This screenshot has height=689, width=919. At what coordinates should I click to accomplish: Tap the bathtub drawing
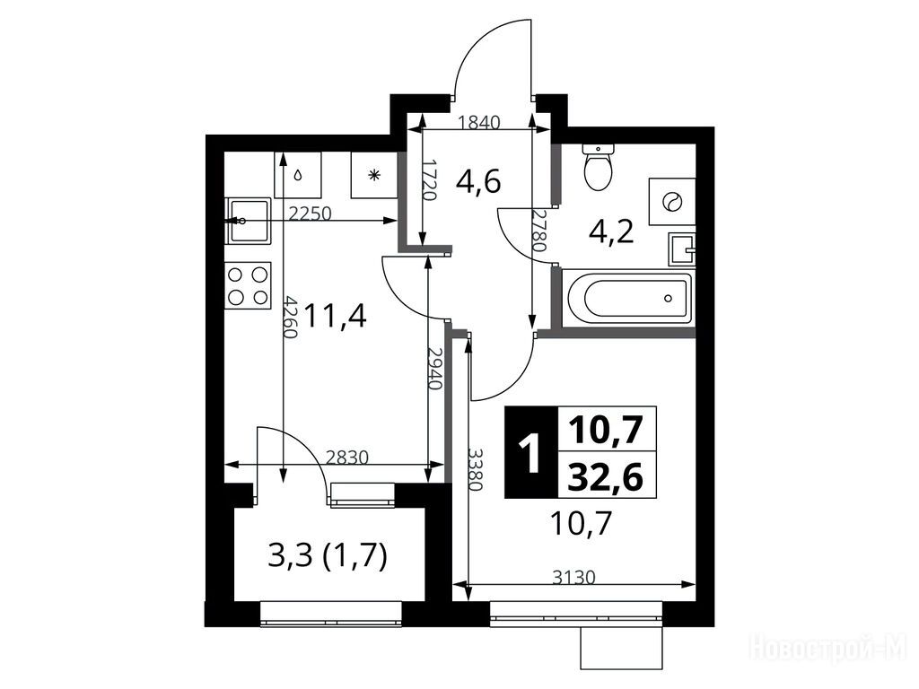tap(627, 297)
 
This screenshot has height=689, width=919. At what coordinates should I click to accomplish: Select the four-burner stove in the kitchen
tap(248, 285)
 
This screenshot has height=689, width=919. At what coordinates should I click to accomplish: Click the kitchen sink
tap(248, 221)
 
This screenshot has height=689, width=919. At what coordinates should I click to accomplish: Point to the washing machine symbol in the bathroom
tap(671, 202)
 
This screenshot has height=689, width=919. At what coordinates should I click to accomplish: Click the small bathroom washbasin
tap(682, 249)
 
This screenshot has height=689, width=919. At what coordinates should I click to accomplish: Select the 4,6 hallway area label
tap(478, 182)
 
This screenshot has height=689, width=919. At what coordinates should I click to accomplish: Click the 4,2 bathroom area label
tap(611, 232)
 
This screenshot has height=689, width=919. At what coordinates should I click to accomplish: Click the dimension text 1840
tap(479, 122)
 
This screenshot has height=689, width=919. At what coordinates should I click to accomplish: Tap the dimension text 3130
tap(573, 578)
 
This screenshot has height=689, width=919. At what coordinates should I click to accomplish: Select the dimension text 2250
tap(311, 214)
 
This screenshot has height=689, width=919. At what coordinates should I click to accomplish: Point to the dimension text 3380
tap(475, 470)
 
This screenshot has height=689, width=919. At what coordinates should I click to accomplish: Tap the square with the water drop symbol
tap(298, 175)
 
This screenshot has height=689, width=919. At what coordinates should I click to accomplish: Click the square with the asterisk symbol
tap(374, 175)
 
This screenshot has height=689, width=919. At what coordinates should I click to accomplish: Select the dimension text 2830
tap(347, 458)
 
